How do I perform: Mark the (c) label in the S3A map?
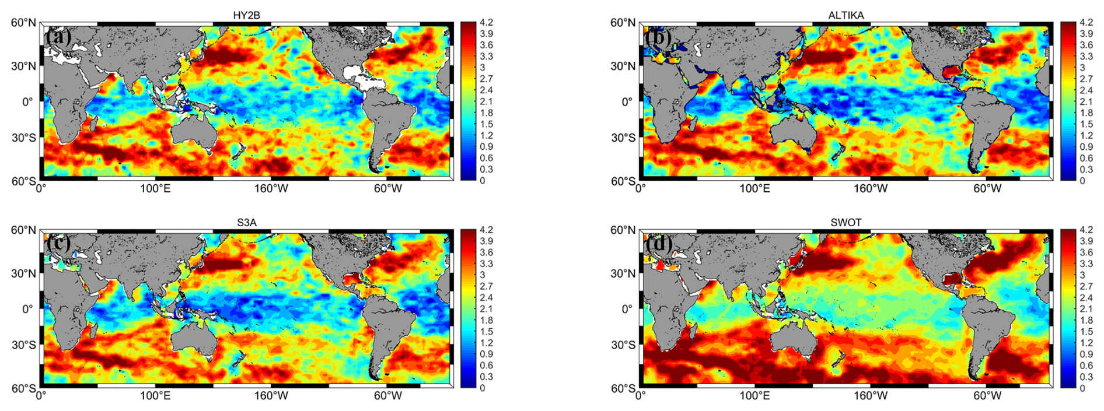pos(59,243)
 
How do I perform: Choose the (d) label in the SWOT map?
pos(658,243)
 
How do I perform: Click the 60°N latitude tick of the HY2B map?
pos(24,23)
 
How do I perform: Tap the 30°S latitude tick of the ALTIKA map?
pos(624,138)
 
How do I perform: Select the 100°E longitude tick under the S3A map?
pos(155,396)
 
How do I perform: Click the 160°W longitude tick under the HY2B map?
pos(271,189)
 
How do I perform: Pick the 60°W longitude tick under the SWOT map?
pos(987,396)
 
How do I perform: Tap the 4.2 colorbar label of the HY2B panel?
pos(487,23)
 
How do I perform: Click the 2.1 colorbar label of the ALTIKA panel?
pos(1086,101)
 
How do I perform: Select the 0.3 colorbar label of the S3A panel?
pos(487,377)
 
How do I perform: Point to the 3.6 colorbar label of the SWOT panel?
pos(1086,252)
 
